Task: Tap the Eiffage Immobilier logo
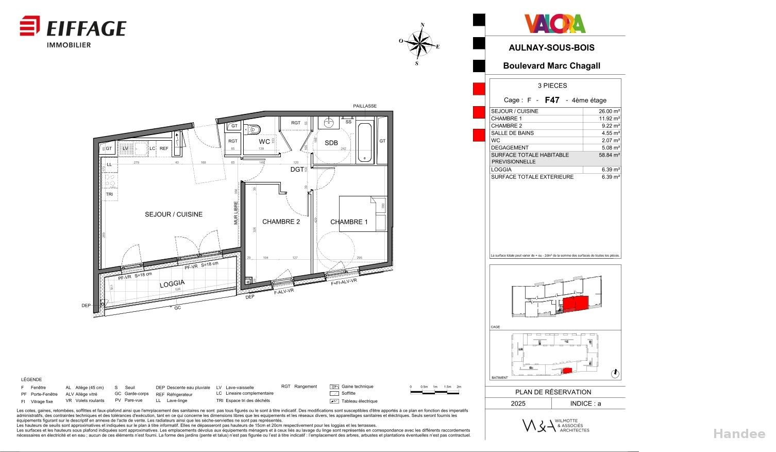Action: (73, 32)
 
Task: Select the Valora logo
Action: (555, 24)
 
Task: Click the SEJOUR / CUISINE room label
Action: (174, 214)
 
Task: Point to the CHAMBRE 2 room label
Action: (281, 222)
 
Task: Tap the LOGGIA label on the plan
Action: (172, 284)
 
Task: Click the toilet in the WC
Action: (253, 129)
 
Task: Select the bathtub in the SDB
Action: (365, 142)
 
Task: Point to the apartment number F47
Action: (552, 100)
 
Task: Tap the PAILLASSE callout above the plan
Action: (365, 106)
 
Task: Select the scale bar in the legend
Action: (435, 392)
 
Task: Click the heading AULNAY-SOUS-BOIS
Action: (551, 48)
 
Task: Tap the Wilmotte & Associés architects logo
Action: (555, 425)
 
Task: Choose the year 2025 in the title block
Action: (518, 404)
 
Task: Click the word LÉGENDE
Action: (31, 380)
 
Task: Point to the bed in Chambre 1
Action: (362, 214)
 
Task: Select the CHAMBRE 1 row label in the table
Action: (506, 119)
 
